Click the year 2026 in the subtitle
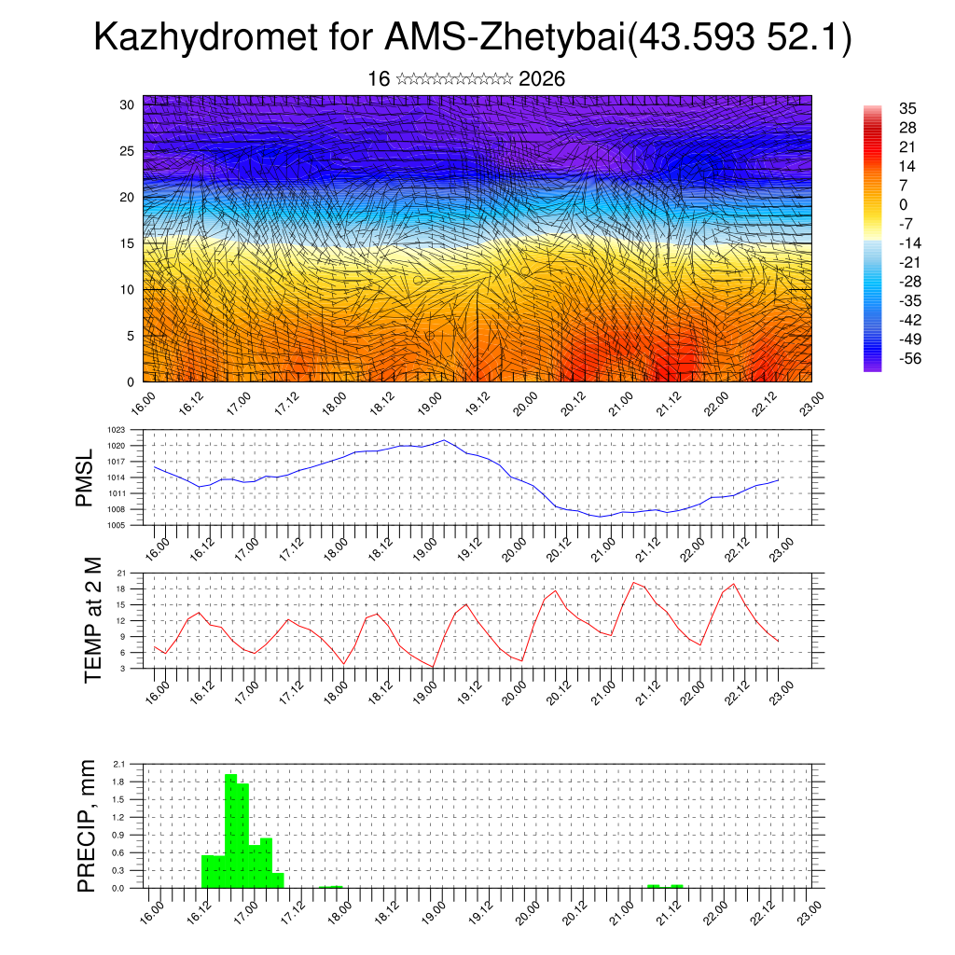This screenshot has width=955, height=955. click(x=542, y=79)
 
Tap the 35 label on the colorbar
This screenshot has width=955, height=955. click(x=907, y=108)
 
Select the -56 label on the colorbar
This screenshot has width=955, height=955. click(x=907, y=358)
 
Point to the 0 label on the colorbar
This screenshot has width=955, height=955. click(x=903, y=204)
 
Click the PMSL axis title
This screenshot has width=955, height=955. click(x=85, y=477)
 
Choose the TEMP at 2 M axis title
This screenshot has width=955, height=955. click(x=92, y=618)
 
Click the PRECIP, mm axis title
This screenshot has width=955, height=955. click(x=87, y=824)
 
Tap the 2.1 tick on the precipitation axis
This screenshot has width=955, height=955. click(x=118, y=764)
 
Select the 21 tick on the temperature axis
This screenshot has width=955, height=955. click(x=122, y=573)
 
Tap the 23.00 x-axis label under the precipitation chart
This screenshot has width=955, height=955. click(x=810, y=909)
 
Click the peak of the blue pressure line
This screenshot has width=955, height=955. click(x=444, y=440)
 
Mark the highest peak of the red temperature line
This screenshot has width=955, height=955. click(x=634, y=583)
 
